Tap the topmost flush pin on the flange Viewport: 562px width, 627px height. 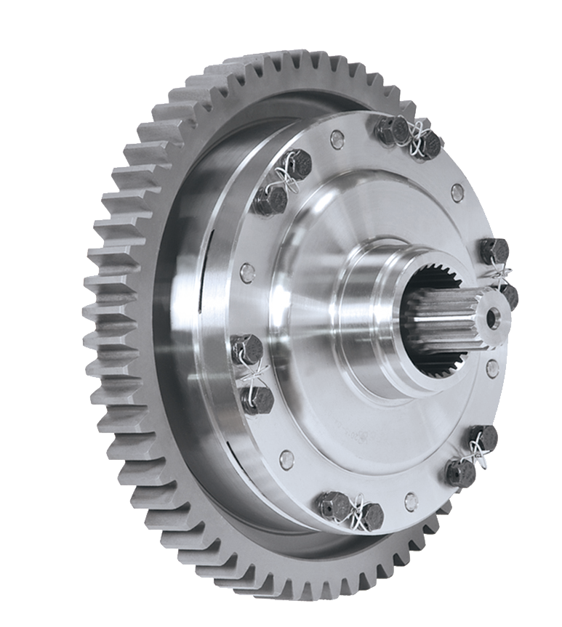point(336,139)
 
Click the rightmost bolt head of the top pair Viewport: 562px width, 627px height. point(430,145)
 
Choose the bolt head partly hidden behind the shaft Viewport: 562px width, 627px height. point(509,295)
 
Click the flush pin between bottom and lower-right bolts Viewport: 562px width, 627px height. point(411,501)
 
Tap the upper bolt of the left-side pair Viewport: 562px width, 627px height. point(246,350)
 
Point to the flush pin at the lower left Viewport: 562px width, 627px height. point(286,459)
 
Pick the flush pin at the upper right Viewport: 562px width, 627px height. point(457,193)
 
